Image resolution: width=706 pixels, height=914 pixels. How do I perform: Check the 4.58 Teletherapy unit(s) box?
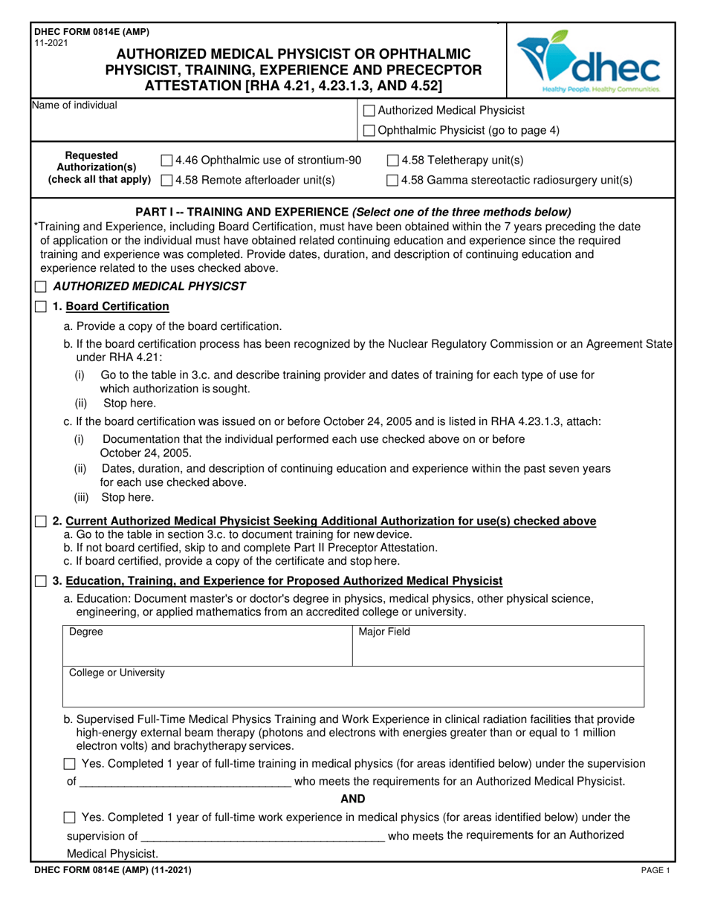393,160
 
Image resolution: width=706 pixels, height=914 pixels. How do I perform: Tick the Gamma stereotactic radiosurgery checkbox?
393,180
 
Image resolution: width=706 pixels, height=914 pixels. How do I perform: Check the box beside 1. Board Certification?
42,306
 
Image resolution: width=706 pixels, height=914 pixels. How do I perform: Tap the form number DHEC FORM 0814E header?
91,31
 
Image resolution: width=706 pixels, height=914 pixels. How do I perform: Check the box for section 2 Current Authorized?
42,521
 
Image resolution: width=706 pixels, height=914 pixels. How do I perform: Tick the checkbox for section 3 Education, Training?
42,580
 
